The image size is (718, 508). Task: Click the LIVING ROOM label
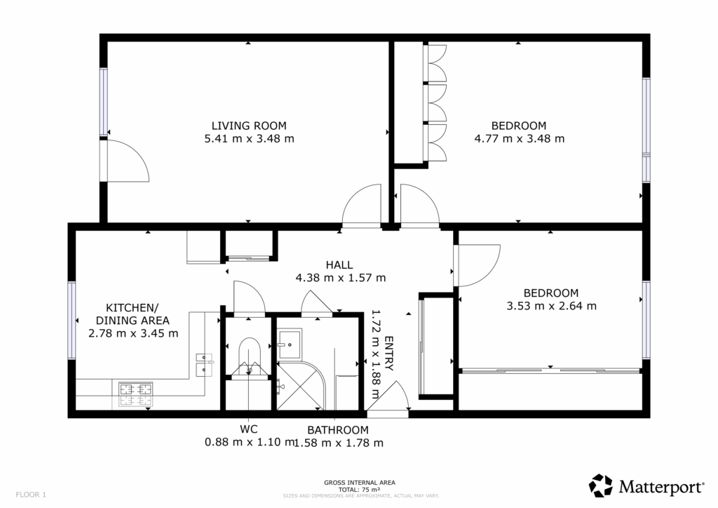(249, 126)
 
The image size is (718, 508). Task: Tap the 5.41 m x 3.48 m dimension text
(249, 138)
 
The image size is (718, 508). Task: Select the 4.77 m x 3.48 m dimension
(520, 138)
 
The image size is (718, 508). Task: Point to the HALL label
(339, 265)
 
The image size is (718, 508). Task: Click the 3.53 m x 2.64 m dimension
(551, 305)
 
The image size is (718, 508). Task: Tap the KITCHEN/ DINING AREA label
(133, 314)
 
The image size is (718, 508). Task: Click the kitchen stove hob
(135, 394)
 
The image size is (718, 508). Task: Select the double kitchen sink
(204, 364)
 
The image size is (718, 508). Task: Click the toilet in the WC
(250, 357)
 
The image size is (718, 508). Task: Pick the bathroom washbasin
(290, 343)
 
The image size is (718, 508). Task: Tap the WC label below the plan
(249, 429)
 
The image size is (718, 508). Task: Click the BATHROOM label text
(338, 430)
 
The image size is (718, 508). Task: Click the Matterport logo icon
(601, 486)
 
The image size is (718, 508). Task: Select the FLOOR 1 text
(31, 495)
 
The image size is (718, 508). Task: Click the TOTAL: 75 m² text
(360, 489)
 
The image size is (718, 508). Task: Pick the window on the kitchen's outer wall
(72, 320)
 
